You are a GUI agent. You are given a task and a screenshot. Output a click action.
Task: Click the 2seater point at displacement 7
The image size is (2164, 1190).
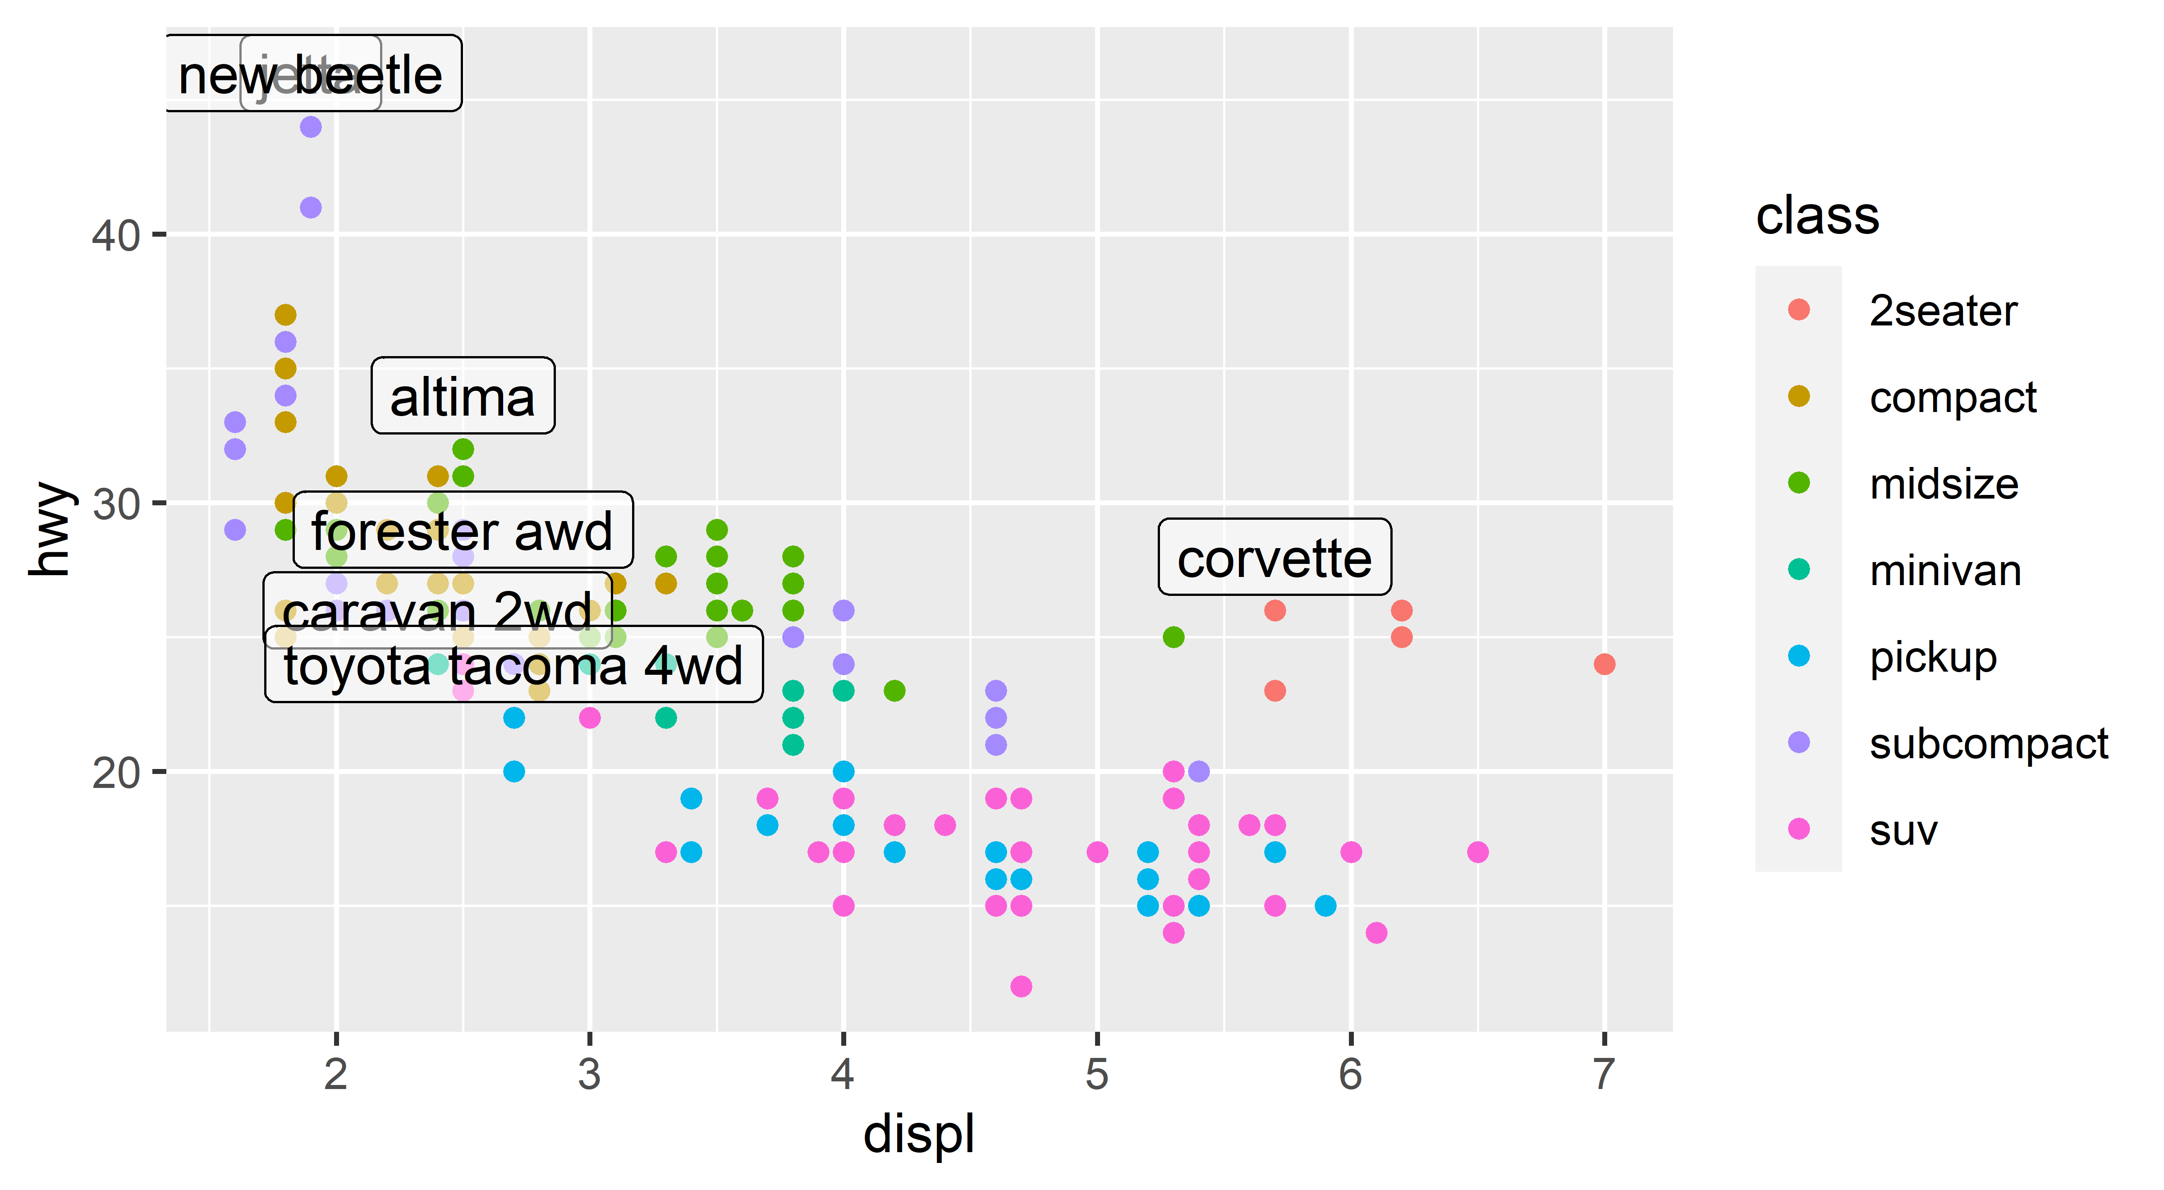click(x=1604, y=664)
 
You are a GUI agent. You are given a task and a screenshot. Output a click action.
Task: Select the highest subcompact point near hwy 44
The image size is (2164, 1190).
click(x=311, y=127)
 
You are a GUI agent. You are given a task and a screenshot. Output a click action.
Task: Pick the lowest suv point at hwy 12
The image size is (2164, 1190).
click(x=1021, y=986)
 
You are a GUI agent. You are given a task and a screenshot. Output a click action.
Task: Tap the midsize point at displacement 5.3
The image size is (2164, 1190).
click(x=1174, y=637)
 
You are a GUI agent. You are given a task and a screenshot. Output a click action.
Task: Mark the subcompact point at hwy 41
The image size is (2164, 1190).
click(x=311, y=207)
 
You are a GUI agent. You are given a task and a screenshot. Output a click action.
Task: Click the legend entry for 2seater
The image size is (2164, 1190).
click(x=1942, y=311)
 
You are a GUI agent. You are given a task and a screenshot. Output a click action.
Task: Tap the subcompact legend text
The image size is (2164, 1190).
click(x=1988, y=743)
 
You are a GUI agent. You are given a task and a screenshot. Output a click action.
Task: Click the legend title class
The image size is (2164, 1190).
click(x=1817, y=216)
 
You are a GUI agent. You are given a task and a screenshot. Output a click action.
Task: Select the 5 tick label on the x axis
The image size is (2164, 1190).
click(x=1096, y=1074)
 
